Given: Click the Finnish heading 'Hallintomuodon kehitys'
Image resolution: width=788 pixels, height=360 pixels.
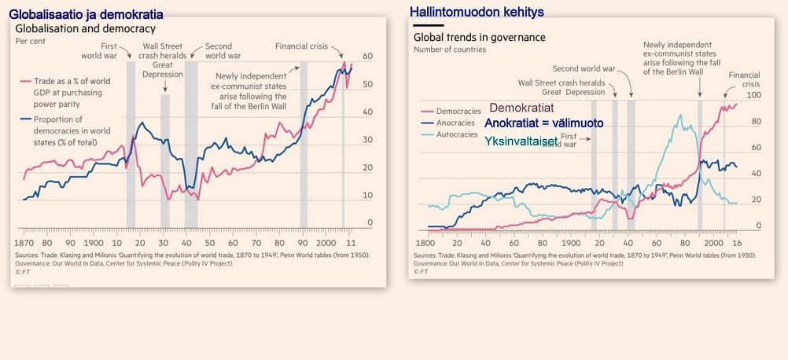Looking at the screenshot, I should (x=477, y=12).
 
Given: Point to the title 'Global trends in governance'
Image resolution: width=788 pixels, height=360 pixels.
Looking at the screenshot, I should (x=479, y=37).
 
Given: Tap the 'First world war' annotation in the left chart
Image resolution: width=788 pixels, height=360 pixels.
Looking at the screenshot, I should (x=100, y=51).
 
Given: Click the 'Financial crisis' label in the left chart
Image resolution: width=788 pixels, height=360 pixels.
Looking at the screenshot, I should (x=301, y=46).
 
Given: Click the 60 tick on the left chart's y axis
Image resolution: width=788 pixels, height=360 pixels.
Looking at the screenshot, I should (x=367, y=57).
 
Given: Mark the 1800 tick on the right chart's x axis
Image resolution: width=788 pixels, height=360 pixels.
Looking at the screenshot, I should (x=424, y=244).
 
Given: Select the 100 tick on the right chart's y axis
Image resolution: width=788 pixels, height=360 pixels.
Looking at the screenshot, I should (x=754, y=95).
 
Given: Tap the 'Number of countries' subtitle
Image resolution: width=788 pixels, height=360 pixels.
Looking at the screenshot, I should (x=450, y=50).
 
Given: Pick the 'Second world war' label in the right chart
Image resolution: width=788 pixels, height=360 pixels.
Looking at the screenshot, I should (x=584, y=69).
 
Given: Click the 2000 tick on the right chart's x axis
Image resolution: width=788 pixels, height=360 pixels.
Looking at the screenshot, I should (x=714, y=244).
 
